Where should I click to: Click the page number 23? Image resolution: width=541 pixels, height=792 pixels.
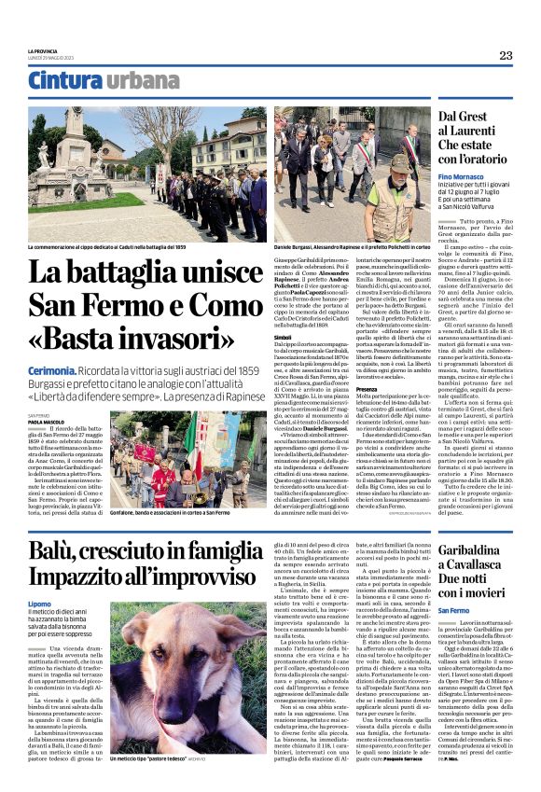pyautogui.click(x=506, y=56)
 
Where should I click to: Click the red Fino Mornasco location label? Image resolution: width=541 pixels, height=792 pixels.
pyautogui.click(x=448, y=176)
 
